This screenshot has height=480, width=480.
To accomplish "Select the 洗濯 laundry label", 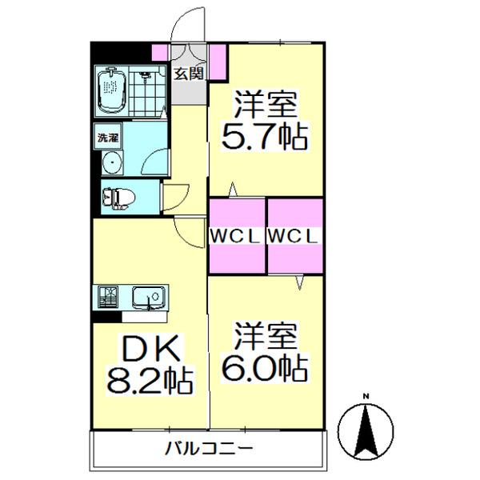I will (x=108, y=137).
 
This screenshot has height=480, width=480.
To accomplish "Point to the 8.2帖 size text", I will (x=151, y=381).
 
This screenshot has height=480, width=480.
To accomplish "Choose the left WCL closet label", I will (x=237, y=236).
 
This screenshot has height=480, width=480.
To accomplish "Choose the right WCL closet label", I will (x=294, y=236).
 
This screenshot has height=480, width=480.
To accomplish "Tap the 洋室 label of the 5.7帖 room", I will (x=265, y=105).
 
